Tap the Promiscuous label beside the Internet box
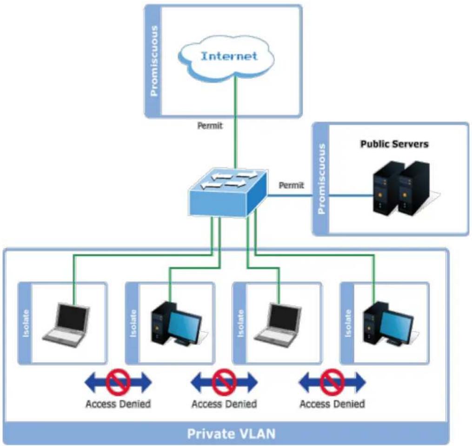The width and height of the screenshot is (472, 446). [154, 61]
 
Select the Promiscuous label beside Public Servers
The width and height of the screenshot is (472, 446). [322, 179]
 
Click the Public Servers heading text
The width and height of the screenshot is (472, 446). [394, 144]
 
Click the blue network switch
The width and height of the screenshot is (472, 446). [227, 193]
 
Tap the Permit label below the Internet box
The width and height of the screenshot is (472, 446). [210, 125]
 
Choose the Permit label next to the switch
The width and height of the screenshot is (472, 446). [292, 185]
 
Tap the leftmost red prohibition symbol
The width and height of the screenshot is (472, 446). [118, 382]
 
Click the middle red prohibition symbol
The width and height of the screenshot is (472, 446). [224, 382]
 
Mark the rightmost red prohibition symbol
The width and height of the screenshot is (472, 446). [332, 382]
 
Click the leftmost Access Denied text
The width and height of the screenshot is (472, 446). [118, 404]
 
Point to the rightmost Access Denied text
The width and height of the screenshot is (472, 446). [332, 404]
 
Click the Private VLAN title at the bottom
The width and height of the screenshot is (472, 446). [231, 434]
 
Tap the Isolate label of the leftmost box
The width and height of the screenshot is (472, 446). [26, 323]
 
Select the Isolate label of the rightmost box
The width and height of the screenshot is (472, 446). [348, 323]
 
